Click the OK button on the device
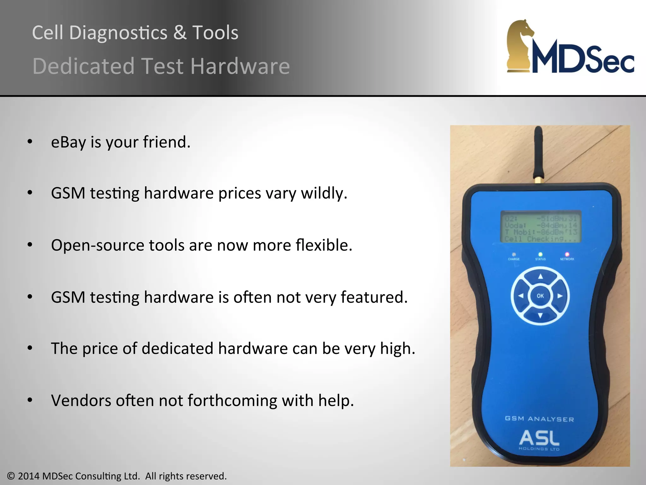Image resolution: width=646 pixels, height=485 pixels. click(x=540, y=296)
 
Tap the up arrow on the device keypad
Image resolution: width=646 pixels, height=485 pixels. click(x=540, y=277)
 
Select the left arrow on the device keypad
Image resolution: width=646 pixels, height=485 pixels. click(x=521, y=296)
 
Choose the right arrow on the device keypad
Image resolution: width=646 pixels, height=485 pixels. click(x=560, y=296)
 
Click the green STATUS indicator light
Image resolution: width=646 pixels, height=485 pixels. click(x=540, y=254)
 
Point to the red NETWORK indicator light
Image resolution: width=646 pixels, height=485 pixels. click(x=567, y=254)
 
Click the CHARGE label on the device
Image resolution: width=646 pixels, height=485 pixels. click(x=514, y=259)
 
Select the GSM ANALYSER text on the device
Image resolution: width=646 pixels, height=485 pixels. click(x=539, y=419)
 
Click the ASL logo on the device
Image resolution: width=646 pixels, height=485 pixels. click(x=539, y=438)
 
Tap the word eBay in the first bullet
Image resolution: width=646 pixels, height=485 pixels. click(x=68, y=142)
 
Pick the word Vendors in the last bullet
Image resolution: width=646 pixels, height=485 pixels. click(x=81, y=400)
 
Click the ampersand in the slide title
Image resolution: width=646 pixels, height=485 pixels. click(x=180, y=33)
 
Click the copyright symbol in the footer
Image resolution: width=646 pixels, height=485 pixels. click(x=11, y=476)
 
